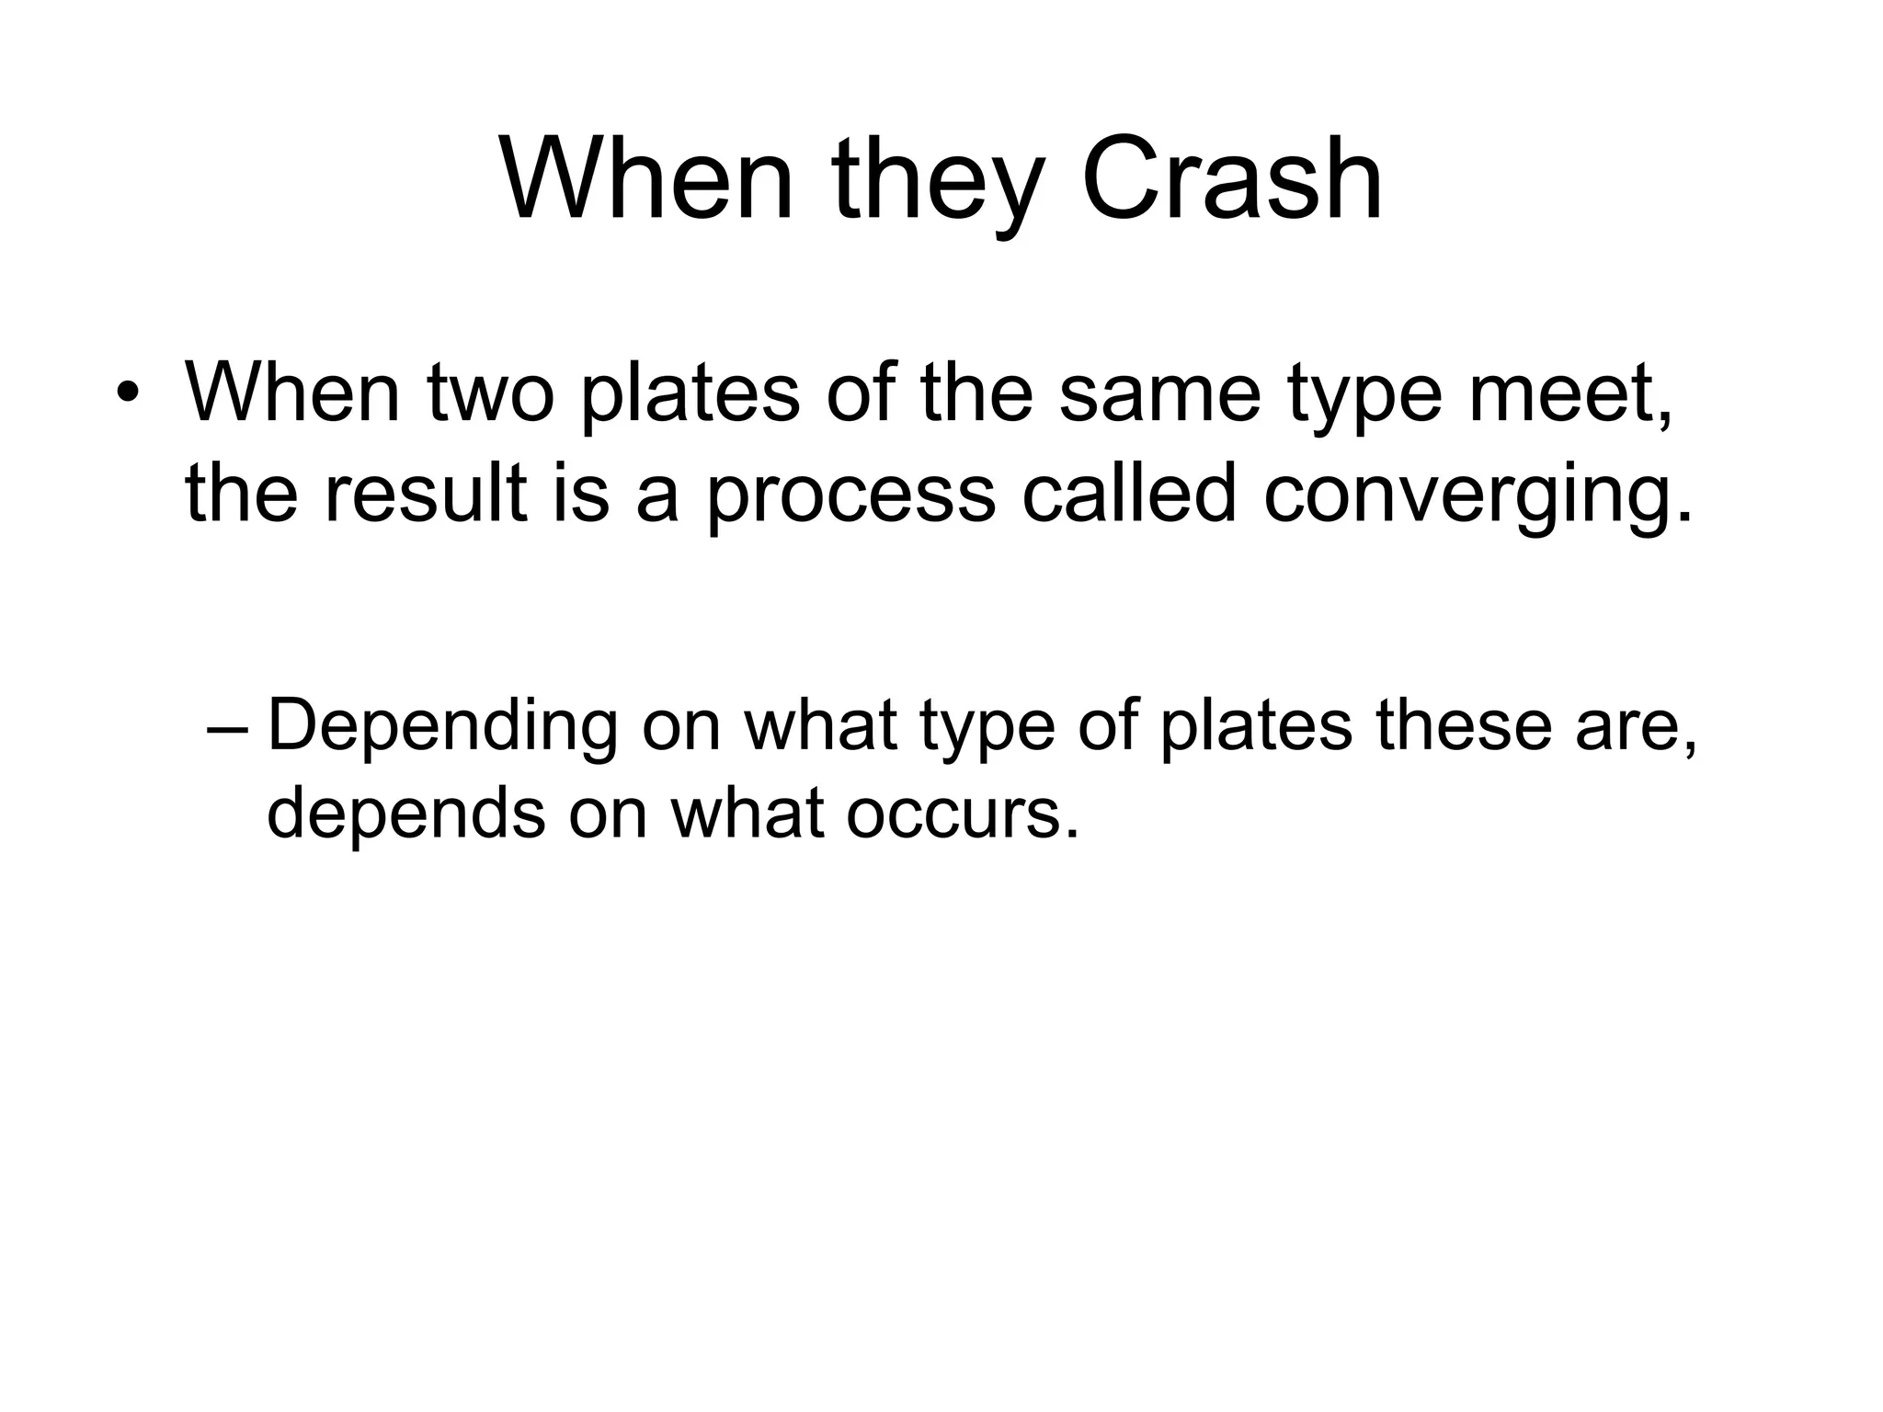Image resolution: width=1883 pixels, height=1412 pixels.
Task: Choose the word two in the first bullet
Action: (491, 393)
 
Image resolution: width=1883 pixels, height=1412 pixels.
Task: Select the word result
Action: (426, 494)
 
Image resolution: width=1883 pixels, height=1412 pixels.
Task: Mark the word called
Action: (1129, 494)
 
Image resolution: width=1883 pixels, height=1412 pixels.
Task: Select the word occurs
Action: (962, 814)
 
